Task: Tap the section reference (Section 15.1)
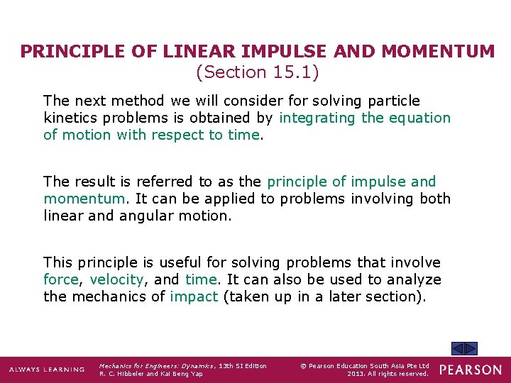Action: (257, 72)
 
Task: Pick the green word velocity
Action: (116, 279)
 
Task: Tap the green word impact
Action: (194, 296)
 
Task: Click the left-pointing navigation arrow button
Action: (458, 348)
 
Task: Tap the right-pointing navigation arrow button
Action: (471, 348)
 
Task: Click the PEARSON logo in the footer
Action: (470, 370)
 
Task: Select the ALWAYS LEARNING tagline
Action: (46, 370)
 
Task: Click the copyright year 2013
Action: (358, 374)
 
